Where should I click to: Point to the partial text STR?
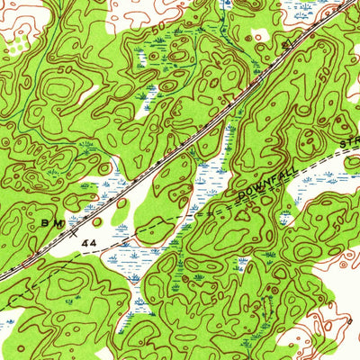point(349,145)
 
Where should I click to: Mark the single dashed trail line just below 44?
point(90,256)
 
